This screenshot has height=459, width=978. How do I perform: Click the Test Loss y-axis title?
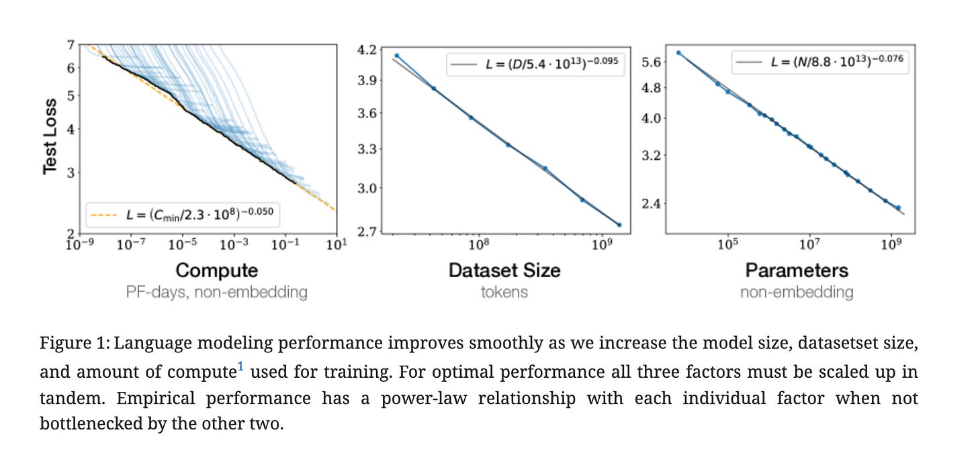50,134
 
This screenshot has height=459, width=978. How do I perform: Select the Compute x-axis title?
216,270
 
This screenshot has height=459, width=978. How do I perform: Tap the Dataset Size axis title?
504,270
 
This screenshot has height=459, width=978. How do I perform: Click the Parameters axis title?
797,270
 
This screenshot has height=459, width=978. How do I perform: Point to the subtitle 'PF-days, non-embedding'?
216,293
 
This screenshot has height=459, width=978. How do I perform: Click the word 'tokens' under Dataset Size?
504,293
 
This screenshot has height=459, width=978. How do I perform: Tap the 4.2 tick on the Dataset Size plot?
368,50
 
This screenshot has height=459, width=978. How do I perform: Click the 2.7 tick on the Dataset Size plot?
368,232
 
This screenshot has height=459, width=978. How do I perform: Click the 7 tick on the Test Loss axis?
70,45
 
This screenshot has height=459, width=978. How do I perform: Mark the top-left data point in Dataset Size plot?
397,56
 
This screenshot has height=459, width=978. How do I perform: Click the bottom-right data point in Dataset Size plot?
619,225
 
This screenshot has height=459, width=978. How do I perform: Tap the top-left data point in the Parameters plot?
678,52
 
